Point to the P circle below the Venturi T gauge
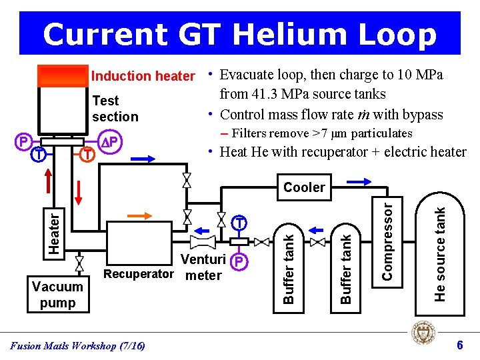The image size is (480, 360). [x=238, y=261]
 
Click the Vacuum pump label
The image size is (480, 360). [x=57, y=295]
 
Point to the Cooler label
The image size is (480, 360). [x=304, y=187]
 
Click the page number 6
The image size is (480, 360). [x=459, y=345]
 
